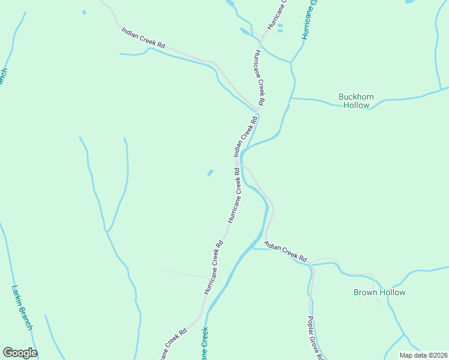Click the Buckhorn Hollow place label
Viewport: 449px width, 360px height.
(x=356, y=100)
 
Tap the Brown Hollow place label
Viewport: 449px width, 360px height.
(x=379, y=292)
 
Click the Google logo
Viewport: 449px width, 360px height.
(x=20, y=353)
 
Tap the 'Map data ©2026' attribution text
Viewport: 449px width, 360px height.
(x=423, y=355)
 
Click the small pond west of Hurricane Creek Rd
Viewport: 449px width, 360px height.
(x=210, y=173)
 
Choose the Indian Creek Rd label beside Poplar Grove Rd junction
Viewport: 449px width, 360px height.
(x=286, y=250)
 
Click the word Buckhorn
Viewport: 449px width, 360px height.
(x=356, y=96)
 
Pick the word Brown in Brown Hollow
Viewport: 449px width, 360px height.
(x=366, y=292)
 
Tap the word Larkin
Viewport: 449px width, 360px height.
(x=17, y=294)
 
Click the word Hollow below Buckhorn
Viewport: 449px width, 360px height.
(x=356, y=105)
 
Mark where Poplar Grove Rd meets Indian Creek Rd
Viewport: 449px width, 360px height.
(x=310, y=264)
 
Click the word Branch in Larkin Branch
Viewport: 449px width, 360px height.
(x=26, y=317)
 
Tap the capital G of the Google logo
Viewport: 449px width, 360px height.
(x=8, y=353)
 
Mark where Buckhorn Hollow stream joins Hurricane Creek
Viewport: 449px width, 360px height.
(x=291, y=99)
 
